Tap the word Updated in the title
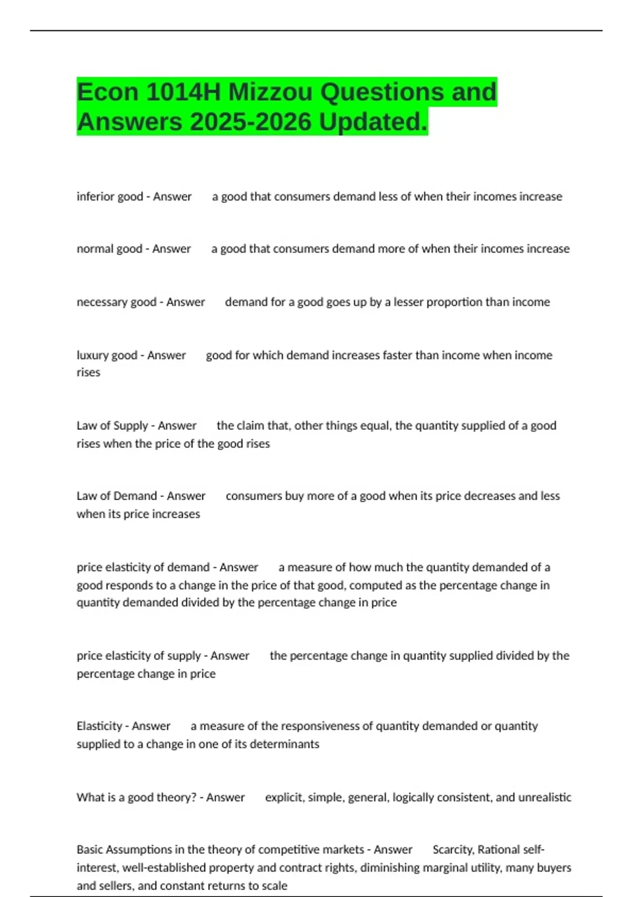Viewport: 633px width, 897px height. [x=373, y=122]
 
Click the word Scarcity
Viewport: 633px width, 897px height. [x=453, y=850]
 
